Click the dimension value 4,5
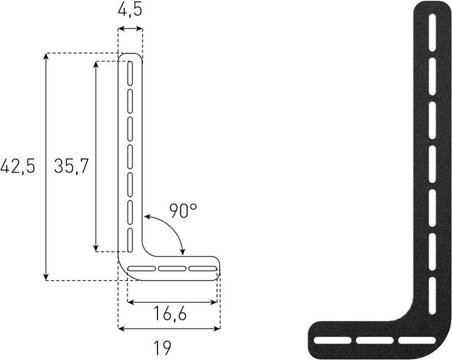click(130, 11)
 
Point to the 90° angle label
click(183, 211)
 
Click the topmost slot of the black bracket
click(431, 31)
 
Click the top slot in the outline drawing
click(130, 73)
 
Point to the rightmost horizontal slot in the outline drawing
click(202, 269)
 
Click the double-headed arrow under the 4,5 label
click(130, 29)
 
